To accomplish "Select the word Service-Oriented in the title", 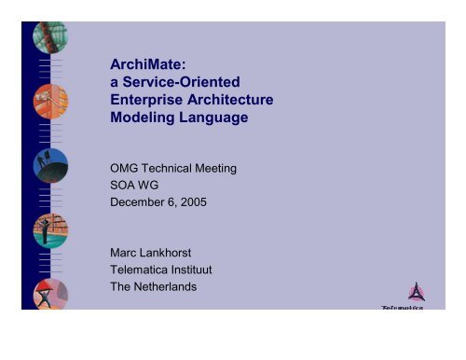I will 182,84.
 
